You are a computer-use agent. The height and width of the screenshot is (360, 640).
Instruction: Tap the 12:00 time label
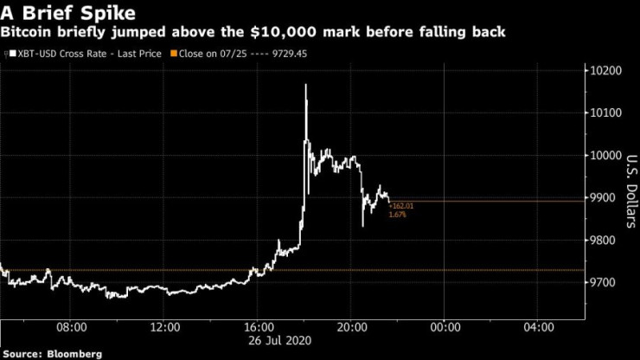pos(164,327)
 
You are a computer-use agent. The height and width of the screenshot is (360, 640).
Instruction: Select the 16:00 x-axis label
pos(258,327)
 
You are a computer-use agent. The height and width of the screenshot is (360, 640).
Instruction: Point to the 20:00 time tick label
pos(350,327)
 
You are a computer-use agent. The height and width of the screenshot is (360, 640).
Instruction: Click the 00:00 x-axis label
pos(444,327)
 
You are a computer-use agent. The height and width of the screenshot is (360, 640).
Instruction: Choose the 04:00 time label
pos(537,327)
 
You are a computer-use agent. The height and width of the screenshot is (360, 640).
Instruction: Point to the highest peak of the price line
pos(305,86)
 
